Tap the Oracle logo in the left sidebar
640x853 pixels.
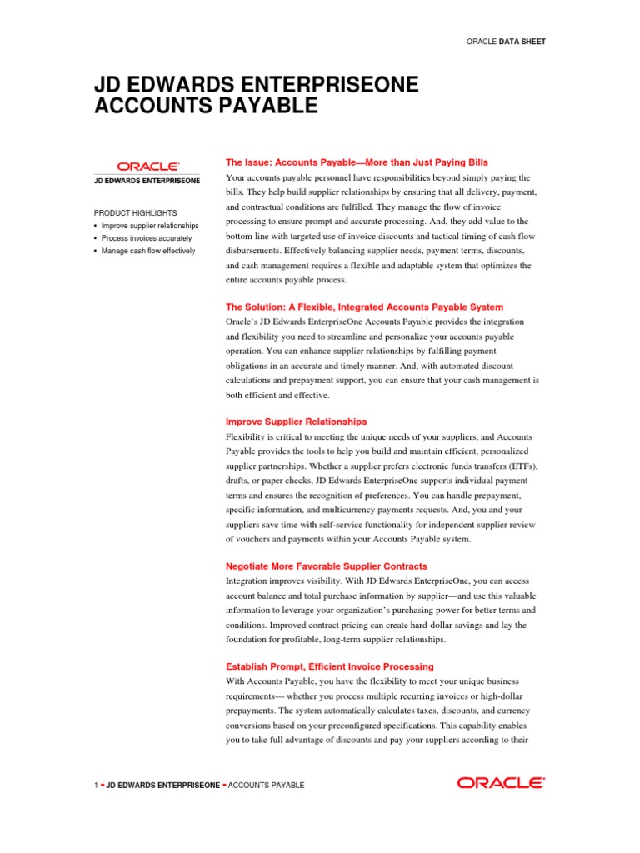pyautogui.click(x=147, y=167)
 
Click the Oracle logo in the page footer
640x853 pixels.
pyautogui.click(x=501, y=783)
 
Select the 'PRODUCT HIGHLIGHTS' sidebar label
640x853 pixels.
pyautogui.click(x=135, y=213)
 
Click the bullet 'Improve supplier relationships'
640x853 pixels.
pyautogui.click(x=150, y=226)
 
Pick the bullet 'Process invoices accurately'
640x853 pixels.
pyautogui.click(x=147, y=238)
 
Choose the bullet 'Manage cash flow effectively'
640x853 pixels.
pyautogui.click(x=148, y=251)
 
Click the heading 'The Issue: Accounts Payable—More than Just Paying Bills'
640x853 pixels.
pyautogui.click(x=357, y=162)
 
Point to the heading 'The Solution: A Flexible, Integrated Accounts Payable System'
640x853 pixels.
pyautogui.click(x=364, y=307)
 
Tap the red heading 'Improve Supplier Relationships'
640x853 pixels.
pyautogui.click(x=296, y=422)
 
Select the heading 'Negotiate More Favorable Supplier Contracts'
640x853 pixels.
pyautogui.click(x=327, y=566)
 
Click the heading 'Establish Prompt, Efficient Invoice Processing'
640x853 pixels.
pyautogui.click(x=330, y=666)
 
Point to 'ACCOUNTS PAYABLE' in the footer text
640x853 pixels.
pyautogui.click(x=266, y=786)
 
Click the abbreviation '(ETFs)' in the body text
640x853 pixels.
pyautogui.click(x=520, y=466)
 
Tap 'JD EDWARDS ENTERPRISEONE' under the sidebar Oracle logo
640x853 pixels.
pyautogui.click(x=147, y=180)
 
